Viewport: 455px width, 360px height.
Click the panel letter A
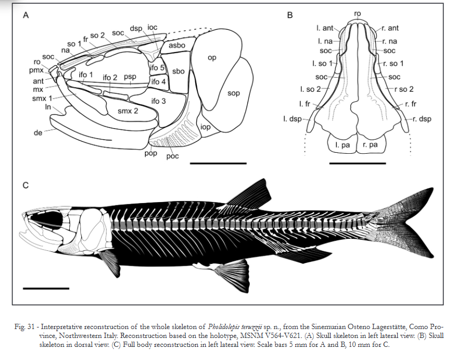point(25,16)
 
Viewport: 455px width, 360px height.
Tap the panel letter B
point(290,16)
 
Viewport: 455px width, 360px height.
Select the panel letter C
point(25,185)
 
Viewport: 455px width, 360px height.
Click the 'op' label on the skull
point(211,58)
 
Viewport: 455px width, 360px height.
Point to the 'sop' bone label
point(234,93)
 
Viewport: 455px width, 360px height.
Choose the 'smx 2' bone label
point(128,110)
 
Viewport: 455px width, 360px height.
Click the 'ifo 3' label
point(157,100)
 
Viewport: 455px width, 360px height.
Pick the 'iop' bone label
point(205,126)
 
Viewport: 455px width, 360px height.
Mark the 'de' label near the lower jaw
point(38,133)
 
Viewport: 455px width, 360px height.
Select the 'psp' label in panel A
point(130,77)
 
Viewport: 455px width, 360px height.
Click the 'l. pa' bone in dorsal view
point(341,144)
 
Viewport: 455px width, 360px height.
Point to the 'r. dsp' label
point(421,119)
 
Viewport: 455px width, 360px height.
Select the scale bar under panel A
point(218,163)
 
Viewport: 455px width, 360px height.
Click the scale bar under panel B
point(357,163)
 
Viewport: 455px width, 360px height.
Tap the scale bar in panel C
point(46,288)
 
